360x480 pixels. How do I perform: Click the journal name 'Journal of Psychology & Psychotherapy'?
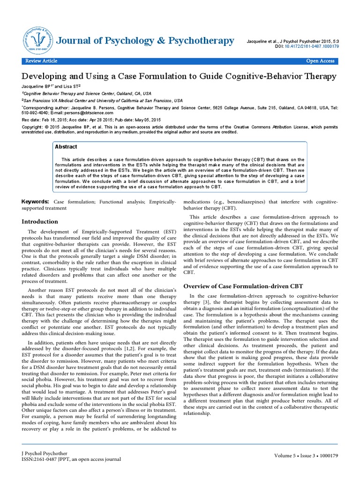pos(145,41)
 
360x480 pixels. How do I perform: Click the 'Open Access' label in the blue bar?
pos(320,61)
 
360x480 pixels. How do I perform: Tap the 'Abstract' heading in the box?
pos(66,147)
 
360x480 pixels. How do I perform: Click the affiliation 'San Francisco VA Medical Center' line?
pos(103,100)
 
